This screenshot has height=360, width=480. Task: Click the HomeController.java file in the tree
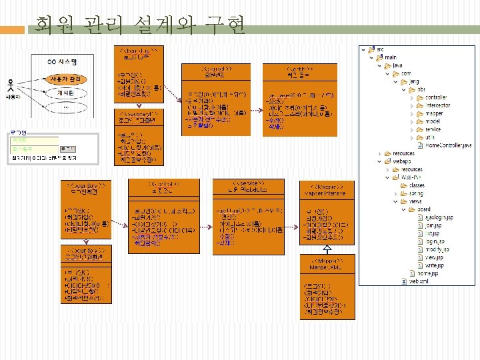coord(448,144)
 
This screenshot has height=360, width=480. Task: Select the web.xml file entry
coord(417,281)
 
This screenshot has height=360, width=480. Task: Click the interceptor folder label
coord(437,105)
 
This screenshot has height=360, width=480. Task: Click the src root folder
coord(380,49)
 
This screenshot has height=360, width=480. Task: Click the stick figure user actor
coord(11,85)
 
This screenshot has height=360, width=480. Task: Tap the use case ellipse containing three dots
coord(65,106)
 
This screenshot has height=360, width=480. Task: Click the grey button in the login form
coord(67,149)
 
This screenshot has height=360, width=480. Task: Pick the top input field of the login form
coord(33,140)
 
